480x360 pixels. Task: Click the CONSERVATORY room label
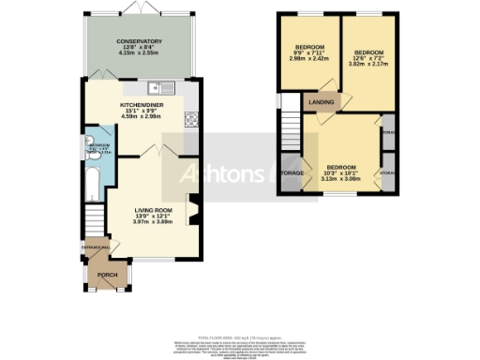click(x=140, y=42)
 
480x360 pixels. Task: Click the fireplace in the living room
click(x=194, y=212)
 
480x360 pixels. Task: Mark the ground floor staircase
click(x=94, y=222)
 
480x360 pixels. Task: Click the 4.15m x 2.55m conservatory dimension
click(x=140, y=55)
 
